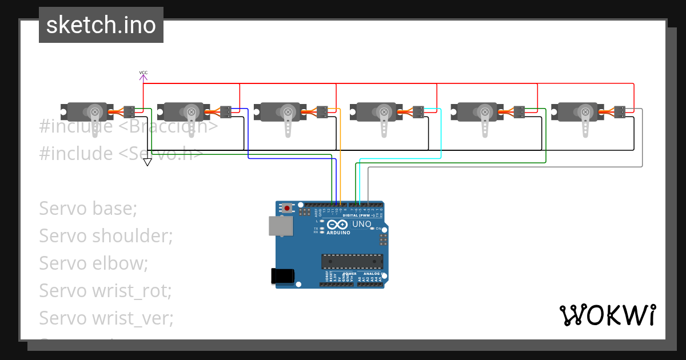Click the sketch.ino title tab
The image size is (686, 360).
[x=101, y=25]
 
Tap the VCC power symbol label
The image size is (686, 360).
[x=143, y=73]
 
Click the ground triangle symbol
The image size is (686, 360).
[x=147, y=162]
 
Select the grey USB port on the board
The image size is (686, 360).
[x=281, y=226]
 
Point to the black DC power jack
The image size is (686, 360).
[x=282, y=276]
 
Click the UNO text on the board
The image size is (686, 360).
[x=361, y=225]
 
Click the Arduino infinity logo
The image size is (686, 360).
[x=338, y=225]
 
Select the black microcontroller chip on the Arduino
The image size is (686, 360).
[x=352, y=261]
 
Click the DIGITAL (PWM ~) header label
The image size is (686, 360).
[x=358, y=215]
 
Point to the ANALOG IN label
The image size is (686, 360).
[x=375, y=274]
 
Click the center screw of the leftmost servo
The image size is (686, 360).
[x=95, y=111]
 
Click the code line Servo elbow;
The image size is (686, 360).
[x=94, y=263]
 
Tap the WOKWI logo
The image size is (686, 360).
[x=608, y=315]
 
